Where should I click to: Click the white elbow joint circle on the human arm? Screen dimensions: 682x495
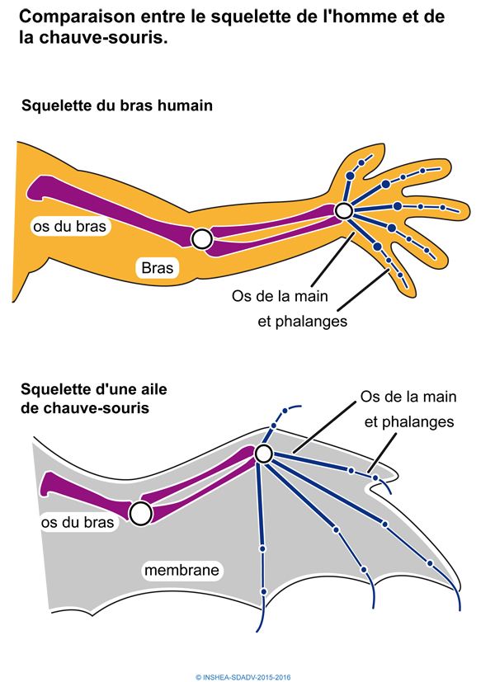201,239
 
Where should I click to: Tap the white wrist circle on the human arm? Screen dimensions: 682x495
344,212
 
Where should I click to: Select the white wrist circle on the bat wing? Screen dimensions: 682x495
263,454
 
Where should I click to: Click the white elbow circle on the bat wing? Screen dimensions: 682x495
140,514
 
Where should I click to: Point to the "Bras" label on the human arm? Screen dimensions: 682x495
157,267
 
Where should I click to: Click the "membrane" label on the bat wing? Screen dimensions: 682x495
181,570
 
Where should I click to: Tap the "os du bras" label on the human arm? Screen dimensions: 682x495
71,225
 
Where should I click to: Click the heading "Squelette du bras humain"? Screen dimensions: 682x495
117,106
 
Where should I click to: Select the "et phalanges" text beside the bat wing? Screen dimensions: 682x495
410,421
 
